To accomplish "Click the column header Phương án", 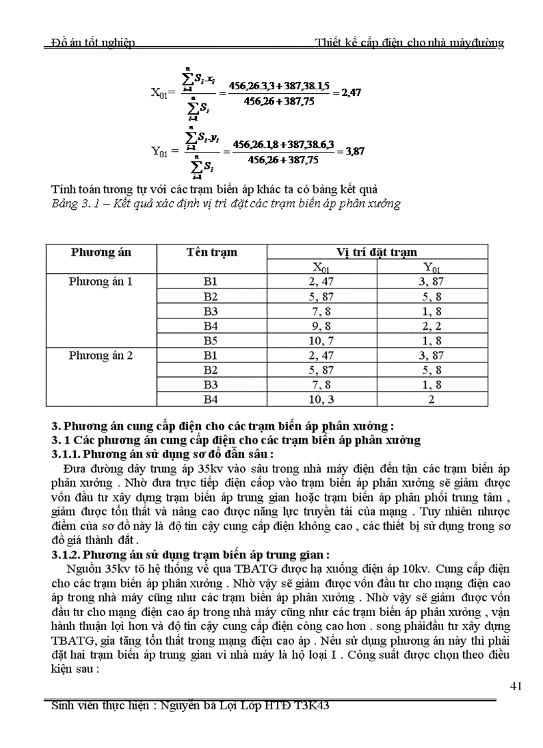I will coord(101,252).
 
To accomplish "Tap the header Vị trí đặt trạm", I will coord(377,252).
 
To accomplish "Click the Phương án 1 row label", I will coord(101,281).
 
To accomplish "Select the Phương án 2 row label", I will coord(101,355).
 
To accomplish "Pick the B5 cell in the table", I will coord(211,340).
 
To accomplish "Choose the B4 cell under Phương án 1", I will coord(211,326).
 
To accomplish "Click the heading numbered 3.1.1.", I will coord(162,454).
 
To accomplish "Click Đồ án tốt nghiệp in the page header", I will coord(93,43).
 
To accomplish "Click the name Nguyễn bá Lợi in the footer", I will coord(200,705).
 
